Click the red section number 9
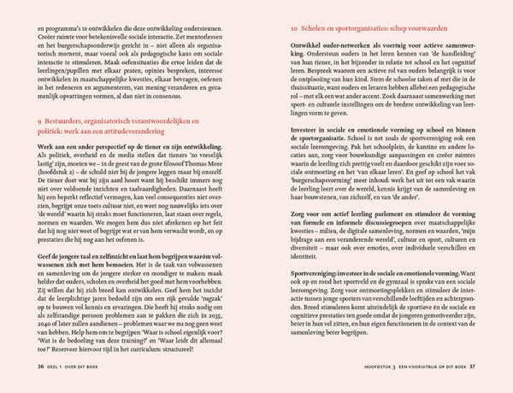pyautogui.click(x=39, y=124)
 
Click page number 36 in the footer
pyautogui.click(x=40, y=366)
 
